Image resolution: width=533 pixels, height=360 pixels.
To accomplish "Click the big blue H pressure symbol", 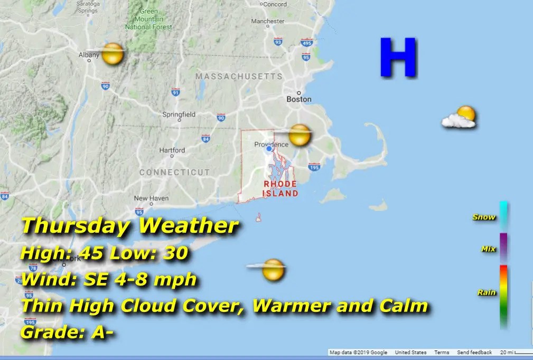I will point(398,58).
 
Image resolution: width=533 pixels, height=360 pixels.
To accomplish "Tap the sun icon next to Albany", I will point(113,54).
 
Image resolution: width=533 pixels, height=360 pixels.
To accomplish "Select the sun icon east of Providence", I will point(299,135).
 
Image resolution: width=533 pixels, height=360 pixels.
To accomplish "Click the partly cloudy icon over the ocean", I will point(460,118).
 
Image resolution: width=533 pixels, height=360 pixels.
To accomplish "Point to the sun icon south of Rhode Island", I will point(273,269).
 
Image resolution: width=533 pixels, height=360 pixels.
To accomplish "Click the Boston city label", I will point(299,99).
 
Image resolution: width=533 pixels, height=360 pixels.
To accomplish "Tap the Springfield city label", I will point(179,115).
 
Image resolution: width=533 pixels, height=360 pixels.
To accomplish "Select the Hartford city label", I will point(172,150).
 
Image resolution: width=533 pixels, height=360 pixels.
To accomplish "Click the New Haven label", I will point(151,198).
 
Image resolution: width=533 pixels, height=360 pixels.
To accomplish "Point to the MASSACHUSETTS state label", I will point(239,77).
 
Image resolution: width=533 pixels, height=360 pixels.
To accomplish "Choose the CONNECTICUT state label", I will point(174,173).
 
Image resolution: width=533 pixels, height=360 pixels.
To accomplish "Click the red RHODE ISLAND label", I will point(280,188).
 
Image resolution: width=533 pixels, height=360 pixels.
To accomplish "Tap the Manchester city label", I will point(268,22).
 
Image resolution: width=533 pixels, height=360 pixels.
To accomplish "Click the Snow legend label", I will point(484,217).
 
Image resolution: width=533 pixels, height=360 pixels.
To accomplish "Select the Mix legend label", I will point(488,249).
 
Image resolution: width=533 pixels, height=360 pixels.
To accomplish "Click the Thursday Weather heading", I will point(129,226).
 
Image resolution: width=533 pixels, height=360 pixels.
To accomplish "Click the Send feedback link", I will point(474,353).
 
